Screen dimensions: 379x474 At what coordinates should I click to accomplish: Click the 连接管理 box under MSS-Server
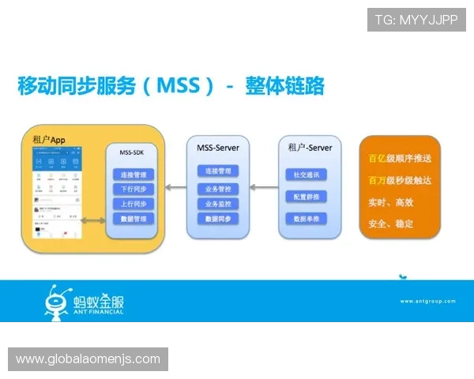217,171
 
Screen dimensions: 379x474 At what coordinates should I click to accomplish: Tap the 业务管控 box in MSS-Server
217,189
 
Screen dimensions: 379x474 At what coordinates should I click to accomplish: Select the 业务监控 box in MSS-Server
217,204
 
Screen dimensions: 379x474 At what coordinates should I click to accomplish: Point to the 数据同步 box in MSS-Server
217,219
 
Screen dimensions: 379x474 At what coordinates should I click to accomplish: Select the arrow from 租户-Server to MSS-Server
262,186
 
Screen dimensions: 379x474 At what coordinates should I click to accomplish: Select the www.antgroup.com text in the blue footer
427,301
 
